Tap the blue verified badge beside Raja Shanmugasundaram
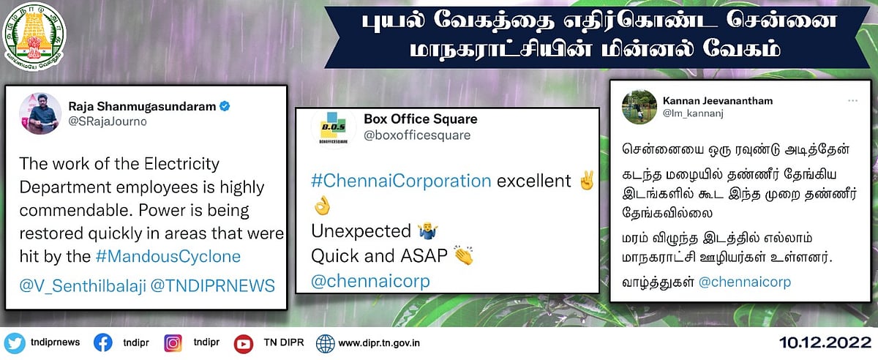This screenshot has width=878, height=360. point(225,107)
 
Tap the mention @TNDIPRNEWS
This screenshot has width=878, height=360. point(213,285)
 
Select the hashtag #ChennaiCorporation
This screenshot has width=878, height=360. point(401,181)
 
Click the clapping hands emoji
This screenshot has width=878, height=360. point(463,256)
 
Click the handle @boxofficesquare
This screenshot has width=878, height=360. point(417,135)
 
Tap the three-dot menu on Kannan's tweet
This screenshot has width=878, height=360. point(853,100)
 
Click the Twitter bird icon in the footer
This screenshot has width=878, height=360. point(14,342)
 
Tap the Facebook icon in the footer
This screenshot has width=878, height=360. point(102,342)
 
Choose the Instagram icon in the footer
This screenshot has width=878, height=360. point(173,342)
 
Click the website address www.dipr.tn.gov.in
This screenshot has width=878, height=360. point(378,342)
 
